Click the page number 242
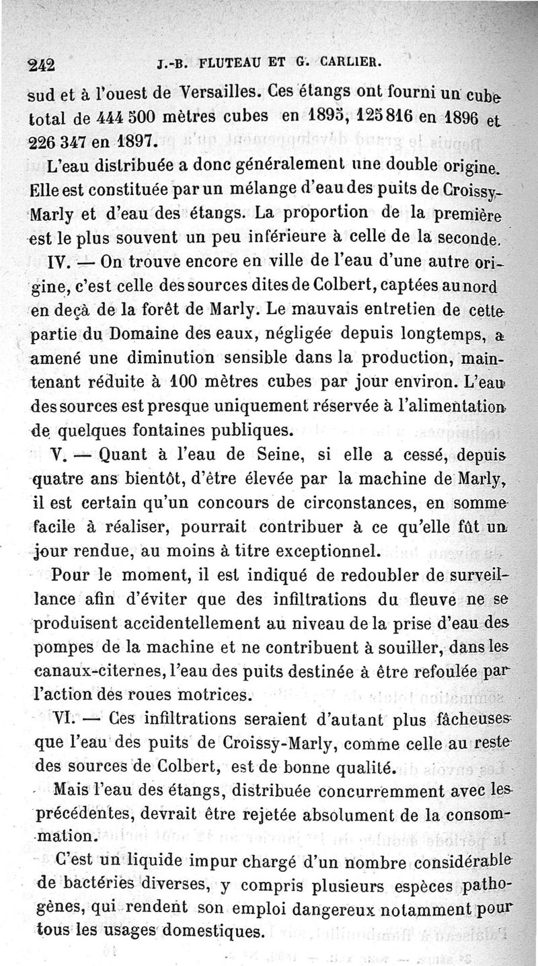pyautogui.click(x=43, y=65)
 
